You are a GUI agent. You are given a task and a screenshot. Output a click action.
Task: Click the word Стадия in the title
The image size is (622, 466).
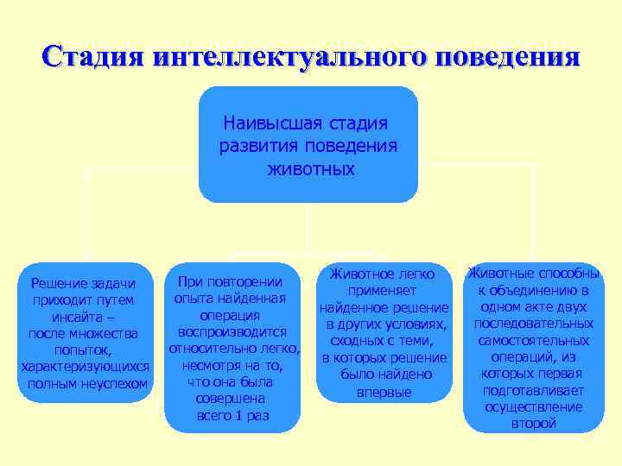(92, 56)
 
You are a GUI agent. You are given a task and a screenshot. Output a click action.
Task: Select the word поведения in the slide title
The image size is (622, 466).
(509, 56)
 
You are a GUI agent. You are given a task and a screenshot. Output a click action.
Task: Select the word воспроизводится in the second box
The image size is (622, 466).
(232, 331)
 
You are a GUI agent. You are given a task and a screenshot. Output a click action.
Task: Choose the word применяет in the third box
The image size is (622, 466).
(384, 292)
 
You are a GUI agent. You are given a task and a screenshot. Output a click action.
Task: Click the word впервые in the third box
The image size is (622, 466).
(384, 392)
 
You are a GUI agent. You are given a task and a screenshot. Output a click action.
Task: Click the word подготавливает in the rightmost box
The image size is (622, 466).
(533, 390)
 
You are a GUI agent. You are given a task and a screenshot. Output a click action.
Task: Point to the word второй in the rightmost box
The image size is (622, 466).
(533, 423)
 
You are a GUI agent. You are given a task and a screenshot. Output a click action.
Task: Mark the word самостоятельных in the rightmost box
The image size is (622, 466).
(533, 340)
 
